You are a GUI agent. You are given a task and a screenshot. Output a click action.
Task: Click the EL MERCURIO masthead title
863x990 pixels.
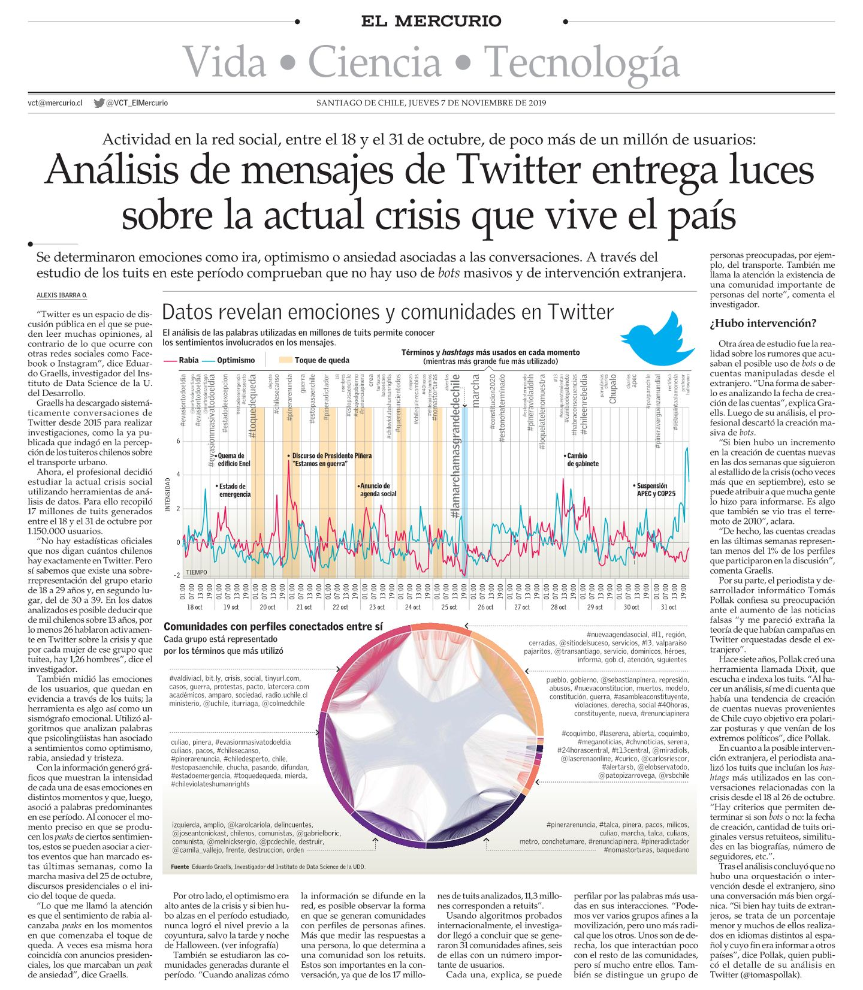431,22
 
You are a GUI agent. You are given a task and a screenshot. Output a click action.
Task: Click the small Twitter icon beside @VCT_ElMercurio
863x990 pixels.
99,103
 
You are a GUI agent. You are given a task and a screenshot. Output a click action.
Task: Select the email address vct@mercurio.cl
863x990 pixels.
55,103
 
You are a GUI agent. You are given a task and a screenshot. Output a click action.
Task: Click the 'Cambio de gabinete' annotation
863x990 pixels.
582,460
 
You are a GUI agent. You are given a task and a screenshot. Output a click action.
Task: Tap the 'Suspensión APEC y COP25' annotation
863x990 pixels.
654,490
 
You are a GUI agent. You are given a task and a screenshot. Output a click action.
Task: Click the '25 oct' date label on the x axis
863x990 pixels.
449,607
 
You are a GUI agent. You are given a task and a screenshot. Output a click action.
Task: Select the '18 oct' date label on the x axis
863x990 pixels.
195,607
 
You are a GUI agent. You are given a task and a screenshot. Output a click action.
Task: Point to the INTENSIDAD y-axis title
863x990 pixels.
168,494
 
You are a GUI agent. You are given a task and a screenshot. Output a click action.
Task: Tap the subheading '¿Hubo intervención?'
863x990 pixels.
763,324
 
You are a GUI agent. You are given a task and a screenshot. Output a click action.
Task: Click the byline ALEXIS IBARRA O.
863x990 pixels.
62,295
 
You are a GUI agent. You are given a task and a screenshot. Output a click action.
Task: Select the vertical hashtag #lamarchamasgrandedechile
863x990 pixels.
455,446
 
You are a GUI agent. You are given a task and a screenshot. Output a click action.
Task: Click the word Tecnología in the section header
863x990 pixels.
582,62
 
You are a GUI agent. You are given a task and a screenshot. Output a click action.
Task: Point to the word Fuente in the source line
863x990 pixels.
180,867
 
